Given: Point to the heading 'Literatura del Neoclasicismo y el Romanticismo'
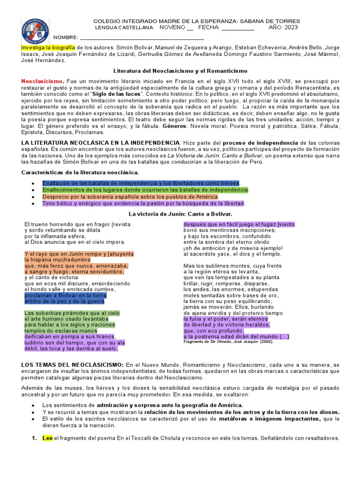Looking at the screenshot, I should pos(180,70).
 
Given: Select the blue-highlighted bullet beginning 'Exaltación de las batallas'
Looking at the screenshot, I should pos(141,183).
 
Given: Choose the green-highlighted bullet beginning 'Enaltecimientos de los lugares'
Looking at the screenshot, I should pos(145,190).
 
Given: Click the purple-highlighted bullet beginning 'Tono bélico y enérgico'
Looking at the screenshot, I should pos(143,203).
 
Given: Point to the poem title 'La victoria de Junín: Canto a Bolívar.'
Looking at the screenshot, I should pos(180,214).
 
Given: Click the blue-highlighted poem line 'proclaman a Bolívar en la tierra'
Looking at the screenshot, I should pos(65,295).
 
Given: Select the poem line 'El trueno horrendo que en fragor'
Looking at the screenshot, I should pos(77,224).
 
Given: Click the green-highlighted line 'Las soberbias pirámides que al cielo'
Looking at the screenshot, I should pos(72,313).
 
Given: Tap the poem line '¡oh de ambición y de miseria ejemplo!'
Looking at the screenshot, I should pos(233,248).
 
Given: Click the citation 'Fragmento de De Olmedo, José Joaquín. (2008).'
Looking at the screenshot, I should pos(228,341).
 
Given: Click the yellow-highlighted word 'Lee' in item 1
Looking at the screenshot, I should pos(47,438).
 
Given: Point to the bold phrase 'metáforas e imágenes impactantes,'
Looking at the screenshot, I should pos(268,419).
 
